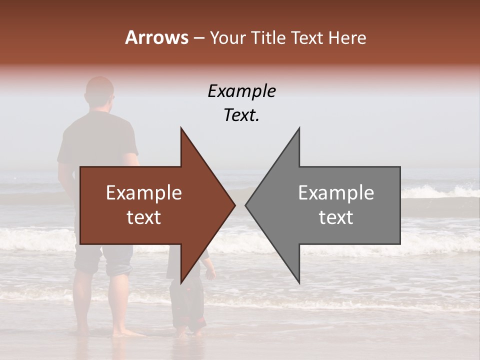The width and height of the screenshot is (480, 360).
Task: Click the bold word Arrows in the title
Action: (x=156, y=37)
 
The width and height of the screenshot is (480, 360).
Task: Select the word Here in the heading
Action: (x=346, y=38)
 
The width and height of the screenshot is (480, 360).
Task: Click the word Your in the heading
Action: (x=227, y=38)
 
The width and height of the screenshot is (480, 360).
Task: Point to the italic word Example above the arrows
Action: (x=241, y=91)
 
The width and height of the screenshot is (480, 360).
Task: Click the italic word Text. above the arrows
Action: (x=241, y=115)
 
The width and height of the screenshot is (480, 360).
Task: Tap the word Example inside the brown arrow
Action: (x=144, y=193)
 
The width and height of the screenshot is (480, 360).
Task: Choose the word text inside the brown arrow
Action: (x=144, y=217)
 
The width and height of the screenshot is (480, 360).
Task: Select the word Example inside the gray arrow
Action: (x=336, y=193)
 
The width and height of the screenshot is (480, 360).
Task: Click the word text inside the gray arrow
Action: (x=336, y=217)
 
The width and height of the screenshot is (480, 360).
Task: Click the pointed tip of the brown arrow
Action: (x=234, y=205)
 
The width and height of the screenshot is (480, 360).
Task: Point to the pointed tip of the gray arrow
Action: (x=246, y=205)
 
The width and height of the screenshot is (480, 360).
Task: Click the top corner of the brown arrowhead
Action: (x=181, y=128)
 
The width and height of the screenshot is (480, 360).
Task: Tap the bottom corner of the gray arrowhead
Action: (x=299, y=282)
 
